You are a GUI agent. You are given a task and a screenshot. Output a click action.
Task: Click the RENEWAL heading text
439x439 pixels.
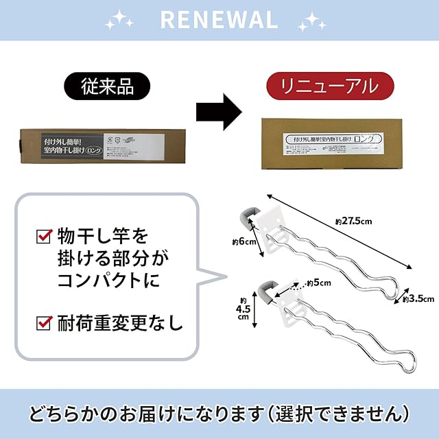tap(219, 19)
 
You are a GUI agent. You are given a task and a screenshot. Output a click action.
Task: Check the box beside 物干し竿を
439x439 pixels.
tap(45, 238)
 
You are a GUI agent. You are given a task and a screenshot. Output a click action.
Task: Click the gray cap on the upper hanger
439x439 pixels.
tap(250, 215)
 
